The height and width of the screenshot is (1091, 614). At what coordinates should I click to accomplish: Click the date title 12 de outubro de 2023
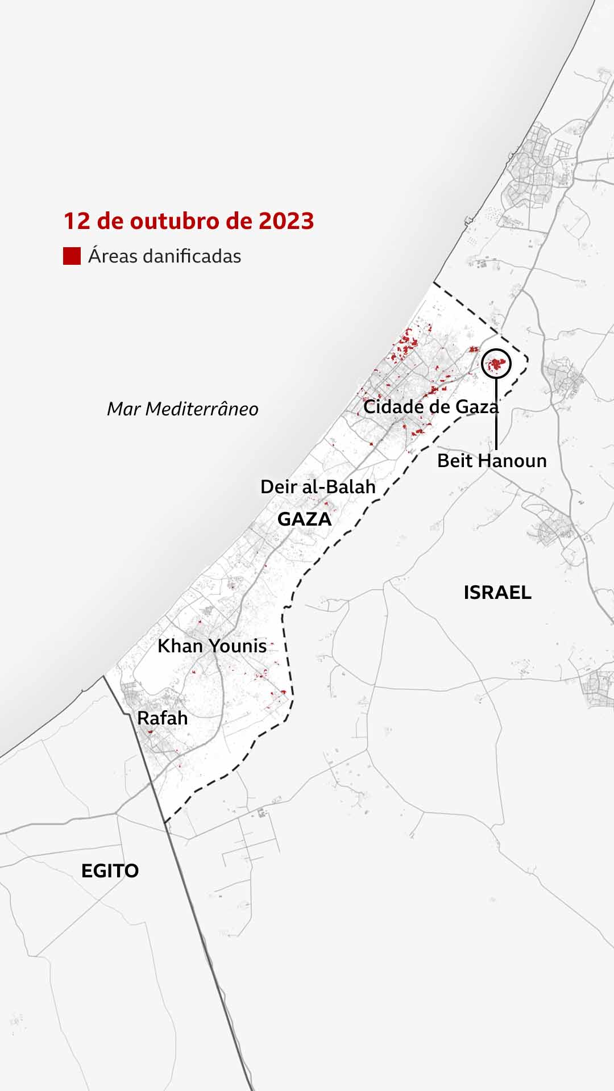(x=188, y=221)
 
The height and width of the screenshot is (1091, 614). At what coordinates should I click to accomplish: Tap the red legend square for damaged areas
(x=72, y=256)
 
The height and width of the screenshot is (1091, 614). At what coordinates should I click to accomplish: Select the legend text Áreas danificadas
(x=164, y=256)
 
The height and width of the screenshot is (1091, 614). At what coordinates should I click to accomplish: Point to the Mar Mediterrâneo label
(x=182, y=409)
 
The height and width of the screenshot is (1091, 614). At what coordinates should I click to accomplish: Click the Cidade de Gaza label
(x=430, y=407)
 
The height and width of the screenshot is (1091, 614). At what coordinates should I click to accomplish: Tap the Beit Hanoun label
(x=492, y=460)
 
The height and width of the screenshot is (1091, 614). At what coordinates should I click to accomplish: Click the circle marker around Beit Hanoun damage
(x=496, y=363)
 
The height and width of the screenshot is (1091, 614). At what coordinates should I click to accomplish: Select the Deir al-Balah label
(x=318, y=486)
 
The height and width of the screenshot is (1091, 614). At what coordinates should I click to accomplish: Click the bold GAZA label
(x=304, y=519)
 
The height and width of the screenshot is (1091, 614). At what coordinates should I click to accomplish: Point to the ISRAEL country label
(x=497, y=593)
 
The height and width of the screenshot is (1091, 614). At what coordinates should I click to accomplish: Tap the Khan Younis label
(x=212, y=646)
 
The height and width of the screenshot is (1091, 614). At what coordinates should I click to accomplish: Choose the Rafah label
(x=163, y=718)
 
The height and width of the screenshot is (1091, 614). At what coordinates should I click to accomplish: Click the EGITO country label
(x=110, y=871)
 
